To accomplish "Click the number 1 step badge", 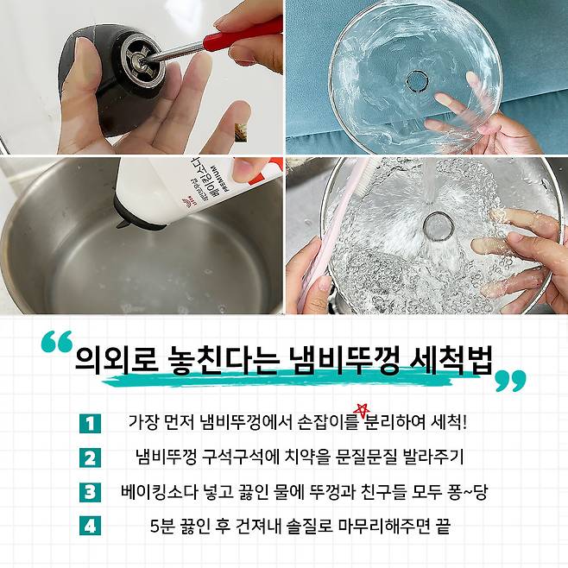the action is tap(90, 423).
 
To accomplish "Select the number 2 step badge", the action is tap(90, 458).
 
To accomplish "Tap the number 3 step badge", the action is tap(90, 492).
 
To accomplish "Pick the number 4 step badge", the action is tap(90, 525).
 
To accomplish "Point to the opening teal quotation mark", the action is tap(57, 341).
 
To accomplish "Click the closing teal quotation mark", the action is tap(511, 381).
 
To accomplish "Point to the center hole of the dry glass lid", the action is tap(417, 81).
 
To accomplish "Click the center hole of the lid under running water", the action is tap(439, 225).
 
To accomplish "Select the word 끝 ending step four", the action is tap(444, 526).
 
